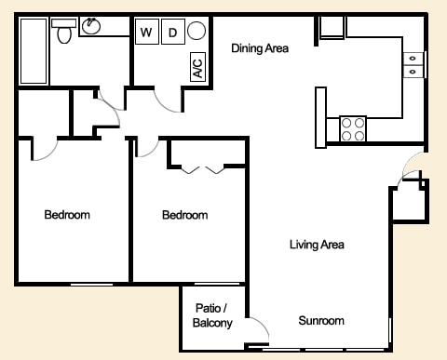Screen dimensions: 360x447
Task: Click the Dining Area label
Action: pos(260,48)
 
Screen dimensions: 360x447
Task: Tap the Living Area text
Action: pos(317,245)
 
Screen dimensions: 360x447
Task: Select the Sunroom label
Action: pos(321,321)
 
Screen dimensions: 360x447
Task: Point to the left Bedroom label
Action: pos(67,215)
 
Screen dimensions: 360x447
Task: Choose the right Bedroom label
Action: pos(184,215)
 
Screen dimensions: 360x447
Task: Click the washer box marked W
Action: pos(146,33)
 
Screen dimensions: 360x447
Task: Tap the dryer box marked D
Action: pos(172,33)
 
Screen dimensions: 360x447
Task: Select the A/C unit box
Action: pos(197,67)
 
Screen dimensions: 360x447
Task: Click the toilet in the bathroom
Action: pos(64,33)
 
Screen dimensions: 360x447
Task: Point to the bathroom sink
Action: pos(91,26)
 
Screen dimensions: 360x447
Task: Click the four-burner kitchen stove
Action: pos(353,129)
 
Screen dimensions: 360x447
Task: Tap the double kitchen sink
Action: pos(413,63)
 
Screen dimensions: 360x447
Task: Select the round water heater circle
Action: pos(197,32)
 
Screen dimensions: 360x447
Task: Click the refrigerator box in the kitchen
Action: pos(332,28)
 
